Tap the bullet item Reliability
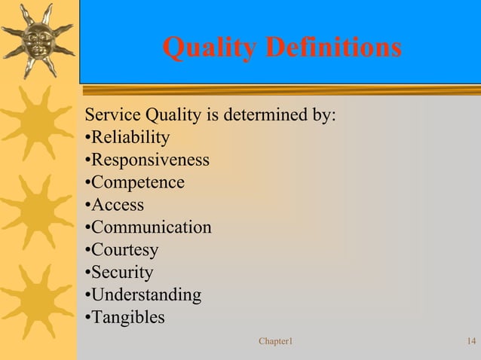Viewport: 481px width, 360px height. click(127, 138)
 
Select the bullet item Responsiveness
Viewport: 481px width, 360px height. click(147, 160)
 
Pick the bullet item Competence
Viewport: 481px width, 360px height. click(135, 182)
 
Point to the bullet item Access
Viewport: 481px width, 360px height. click(115, 205)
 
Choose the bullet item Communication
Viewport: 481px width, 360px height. click(149, 227)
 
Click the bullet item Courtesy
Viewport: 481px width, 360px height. click(122, 250)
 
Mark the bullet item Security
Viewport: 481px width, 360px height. click(120, 272)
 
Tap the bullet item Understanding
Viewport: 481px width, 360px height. click(143, 294)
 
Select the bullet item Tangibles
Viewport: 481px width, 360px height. click(125, 317)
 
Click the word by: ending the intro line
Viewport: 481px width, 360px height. click(323, 116)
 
